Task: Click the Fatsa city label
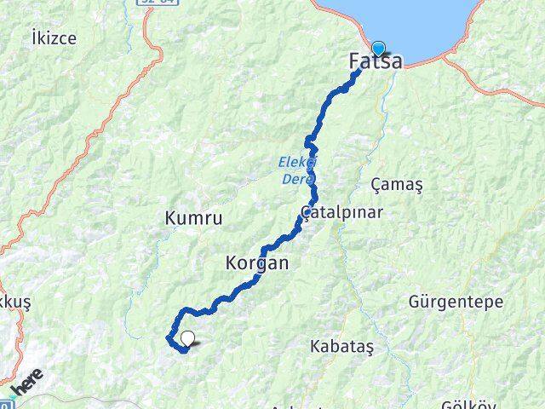[x=376, y=61]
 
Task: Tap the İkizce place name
[x=53, y=37]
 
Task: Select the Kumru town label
[x=193, y=219]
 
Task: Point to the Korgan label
[x=257, y=263]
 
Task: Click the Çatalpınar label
[x=341, y=212]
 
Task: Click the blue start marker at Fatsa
[x=378, y=49]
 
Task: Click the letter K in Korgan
[x=232, y=263]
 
